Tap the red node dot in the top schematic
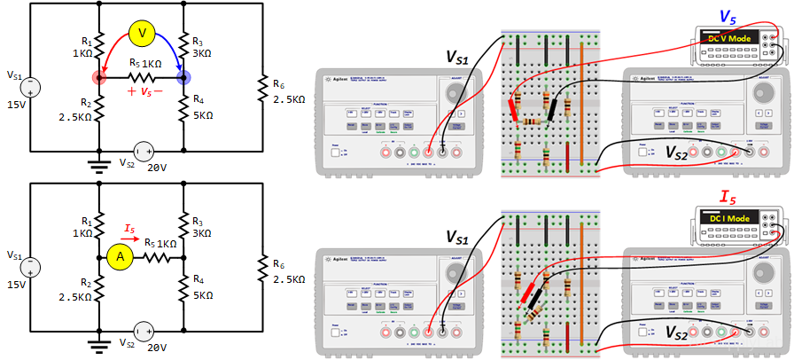(98, 78)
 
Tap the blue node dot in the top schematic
(184, 78)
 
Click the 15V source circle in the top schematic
(31, 87)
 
